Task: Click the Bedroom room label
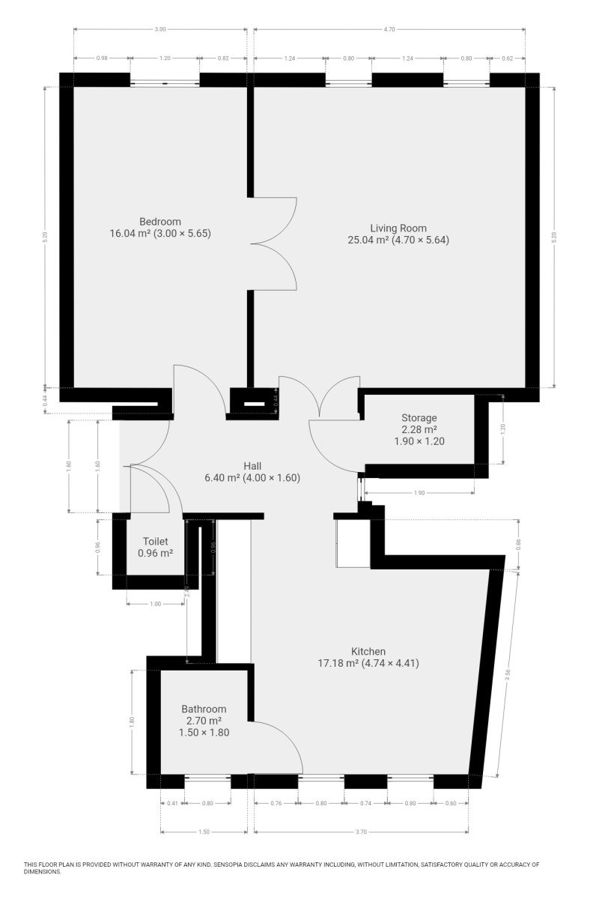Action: click(x=160, y=222)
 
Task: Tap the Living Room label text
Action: click(x=398, y=228)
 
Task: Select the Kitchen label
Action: click(x=368, y=651)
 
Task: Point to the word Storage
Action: click(x=419, y=418)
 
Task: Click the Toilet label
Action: click(x=155, y=542)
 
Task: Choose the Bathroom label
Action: click(x=204, y=709)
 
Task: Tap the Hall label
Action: click(x=252, y=466)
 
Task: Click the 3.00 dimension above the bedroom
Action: click(x=160, y=29)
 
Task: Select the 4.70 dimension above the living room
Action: click(x=389, y=29)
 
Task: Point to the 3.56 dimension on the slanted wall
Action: click(x=508, y=675)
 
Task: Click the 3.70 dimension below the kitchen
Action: click(x=361, y=832)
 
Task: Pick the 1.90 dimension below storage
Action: click(x=419, y=493)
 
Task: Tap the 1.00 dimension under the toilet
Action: click(x=155, y=604)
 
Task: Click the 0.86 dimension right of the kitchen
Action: click(x=518, y=544)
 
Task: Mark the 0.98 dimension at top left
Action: click(x=102, y=58)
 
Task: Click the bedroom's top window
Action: click(x=165, y=83)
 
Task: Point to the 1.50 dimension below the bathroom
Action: click(x=204, y=832)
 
